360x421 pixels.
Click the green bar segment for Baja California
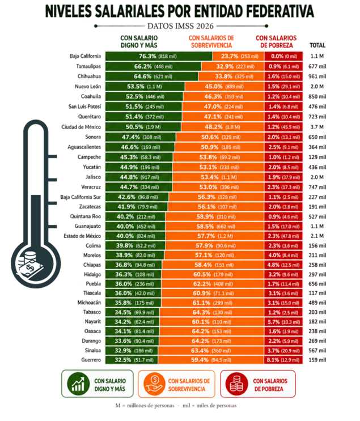point(159,56)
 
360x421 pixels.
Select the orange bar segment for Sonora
point(220,137)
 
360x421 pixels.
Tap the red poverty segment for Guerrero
point(283,360)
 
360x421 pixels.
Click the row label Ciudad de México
point(81,127)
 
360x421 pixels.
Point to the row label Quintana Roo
point(86,216)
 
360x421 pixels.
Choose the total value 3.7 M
point(317,127)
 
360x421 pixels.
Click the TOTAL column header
point(317,45)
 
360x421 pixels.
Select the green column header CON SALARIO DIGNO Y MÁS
point(139,41)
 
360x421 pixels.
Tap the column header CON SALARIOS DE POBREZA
point(276,41)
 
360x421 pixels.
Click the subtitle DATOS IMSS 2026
point(180,26)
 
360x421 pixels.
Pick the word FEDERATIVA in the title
point(280,11)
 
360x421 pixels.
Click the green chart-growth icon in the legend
point(78,384)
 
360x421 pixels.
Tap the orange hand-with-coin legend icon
point(154,384)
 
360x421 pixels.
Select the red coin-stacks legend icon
point(236,384)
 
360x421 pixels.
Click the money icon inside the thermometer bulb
point(29,265)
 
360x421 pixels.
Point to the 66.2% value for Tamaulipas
point(143,66)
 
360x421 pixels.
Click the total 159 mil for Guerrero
point(317,360)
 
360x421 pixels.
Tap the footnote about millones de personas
point(145,406)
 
